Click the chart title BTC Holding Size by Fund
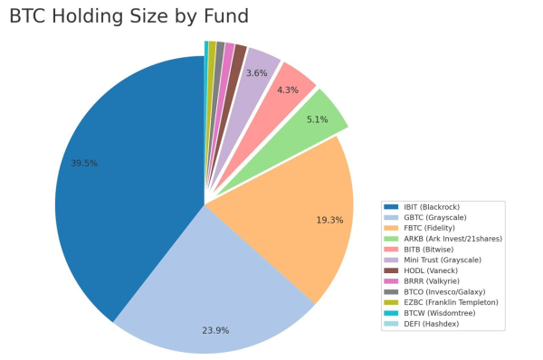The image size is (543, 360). coord(129,16)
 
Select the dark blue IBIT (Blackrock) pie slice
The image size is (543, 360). coord(118,181)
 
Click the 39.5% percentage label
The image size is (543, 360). coord(84,164)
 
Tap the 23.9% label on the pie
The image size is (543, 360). coord(215,330)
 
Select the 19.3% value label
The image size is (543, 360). coord(329,220)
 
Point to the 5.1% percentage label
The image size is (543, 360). coord(319,118)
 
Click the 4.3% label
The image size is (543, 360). coord(288,90)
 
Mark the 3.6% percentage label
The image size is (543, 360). coord(256,73)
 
